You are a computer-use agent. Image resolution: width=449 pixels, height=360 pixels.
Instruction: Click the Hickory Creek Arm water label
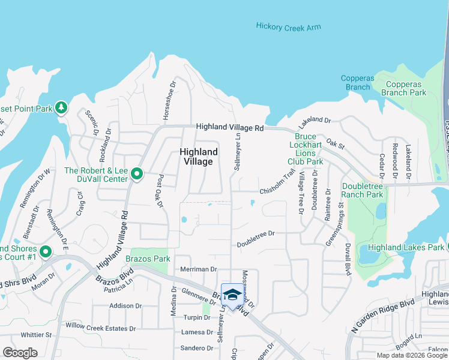coord(288,26)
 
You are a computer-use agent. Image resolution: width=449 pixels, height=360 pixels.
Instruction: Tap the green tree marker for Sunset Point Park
coord(61,108)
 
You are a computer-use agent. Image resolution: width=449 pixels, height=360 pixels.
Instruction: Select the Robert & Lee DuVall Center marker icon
coord(137,175)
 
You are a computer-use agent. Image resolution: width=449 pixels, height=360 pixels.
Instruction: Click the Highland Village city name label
coord(196,157)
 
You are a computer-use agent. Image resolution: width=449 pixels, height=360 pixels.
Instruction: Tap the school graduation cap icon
coord(231,294)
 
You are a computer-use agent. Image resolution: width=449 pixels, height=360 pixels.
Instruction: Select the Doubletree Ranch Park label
coord(362,190)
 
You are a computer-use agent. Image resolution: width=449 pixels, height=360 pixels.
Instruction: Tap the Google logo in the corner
coord(20,352)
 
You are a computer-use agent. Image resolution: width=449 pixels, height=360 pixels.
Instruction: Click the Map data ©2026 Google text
coord(412,355)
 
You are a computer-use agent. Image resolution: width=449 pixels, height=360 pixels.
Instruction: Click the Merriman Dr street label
coord(198,270)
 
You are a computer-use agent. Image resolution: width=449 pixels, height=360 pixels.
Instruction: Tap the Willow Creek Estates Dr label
coord(101,328)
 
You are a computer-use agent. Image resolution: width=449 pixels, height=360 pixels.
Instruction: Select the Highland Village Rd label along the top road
coord(231,128)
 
